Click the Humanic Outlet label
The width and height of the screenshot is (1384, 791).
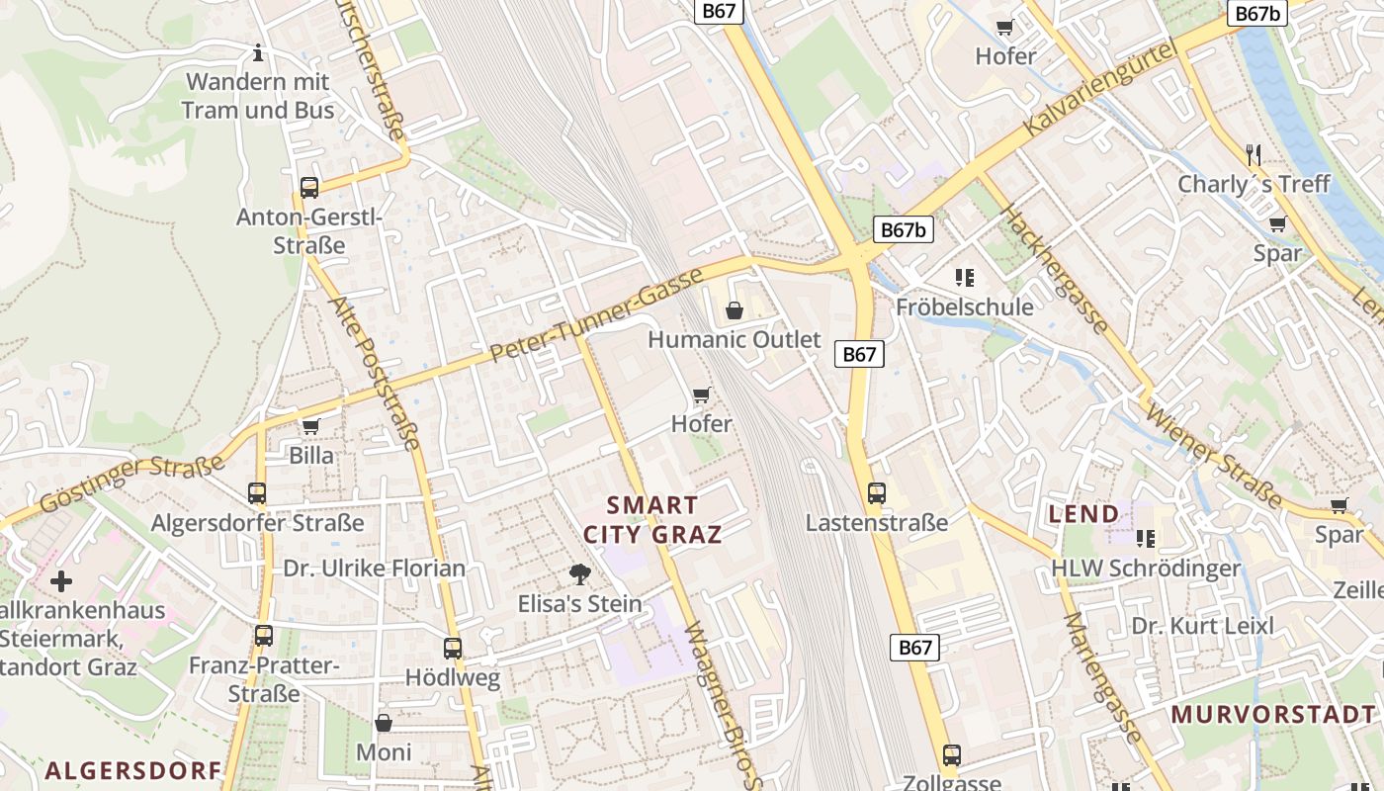coord(734,339)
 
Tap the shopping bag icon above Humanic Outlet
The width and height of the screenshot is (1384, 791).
coord(735,311)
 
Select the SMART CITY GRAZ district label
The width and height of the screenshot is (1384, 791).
coord(652,520)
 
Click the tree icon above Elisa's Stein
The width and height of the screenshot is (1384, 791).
coord(580,573)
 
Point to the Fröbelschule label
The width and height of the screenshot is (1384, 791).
coord(964,307)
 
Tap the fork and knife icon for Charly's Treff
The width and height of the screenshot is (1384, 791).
coord(1254,154)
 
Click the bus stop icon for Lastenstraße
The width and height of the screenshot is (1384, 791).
coord(876,492)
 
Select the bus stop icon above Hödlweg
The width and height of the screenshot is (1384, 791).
coord(453,649)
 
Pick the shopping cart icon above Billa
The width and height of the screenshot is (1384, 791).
coord(311,426)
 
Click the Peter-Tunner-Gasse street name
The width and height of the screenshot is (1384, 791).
coord(596,314)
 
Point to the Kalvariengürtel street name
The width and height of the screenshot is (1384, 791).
coord(1101,89)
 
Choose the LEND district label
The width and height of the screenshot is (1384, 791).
coord(1083,514)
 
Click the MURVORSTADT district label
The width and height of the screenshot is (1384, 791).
coord(1273,714)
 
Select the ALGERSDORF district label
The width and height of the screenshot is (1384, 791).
coord(132,769)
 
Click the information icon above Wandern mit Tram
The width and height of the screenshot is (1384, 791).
coord(259,51)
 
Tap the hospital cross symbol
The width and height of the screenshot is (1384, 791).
coord(61,581)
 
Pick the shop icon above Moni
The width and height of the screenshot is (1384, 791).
coord(384,724)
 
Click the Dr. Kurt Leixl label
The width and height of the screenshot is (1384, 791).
coord(1202,626)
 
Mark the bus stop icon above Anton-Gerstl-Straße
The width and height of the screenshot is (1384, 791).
coord(309,187)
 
